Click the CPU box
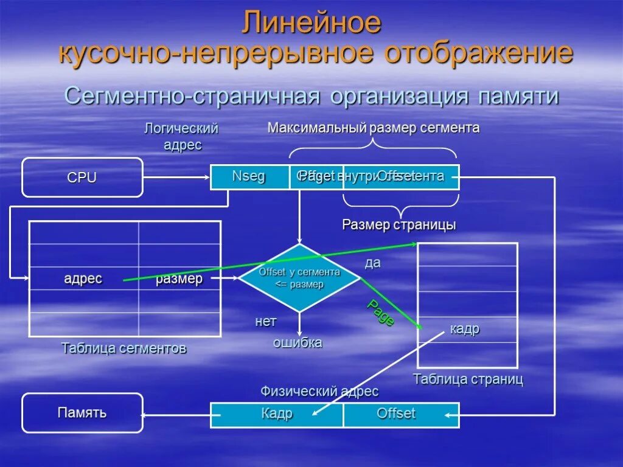click(x=82, y=178)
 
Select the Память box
click(x=82, y=413)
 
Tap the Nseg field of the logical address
click(x=249, y=177)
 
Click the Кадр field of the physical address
click(x=277, y=414)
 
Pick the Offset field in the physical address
click(x=396, y=414)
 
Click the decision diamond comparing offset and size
click(x=299, y=278)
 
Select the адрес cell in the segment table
click(x=83, y=279)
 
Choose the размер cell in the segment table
click(x=179, y=279)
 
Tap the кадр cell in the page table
click(x=465, y=329)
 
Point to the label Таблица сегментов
click(x=124, y=348)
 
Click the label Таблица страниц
click(x=468, y=379)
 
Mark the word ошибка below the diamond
click(x=298, y=343)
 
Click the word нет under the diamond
click(x=266, y=321)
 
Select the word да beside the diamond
click(x=372, y=263)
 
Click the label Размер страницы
click(x=399, y=225)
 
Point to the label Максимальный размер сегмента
click(x=374, y=128)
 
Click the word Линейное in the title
click(x=311, y=23)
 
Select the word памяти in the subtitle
click(x=518, y=96)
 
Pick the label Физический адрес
click(x=319, y=392)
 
